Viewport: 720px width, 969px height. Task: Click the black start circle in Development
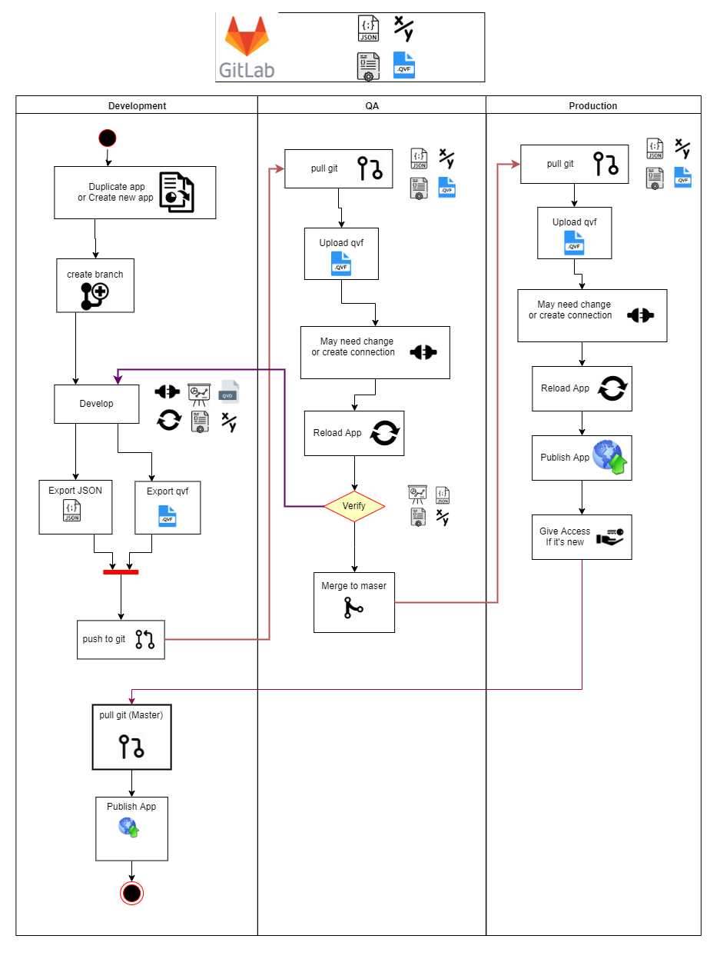107,138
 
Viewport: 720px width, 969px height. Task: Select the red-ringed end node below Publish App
131,893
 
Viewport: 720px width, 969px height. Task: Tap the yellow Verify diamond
353,506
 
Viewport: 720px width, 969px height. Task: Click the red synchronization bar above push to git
121,571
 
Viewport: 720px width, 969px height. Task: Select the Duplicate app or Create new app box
134,192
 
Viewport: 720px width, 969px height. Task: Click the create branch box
95,285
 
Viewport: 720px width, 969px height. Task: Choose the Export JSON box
75,507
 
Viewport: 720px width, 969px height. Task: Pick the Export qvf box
168,507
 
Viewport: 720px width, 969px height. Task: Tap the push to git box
121,639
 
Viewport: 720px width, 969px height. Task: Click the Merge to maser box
353,602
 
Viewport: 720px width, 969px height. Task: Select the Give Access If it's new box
581,537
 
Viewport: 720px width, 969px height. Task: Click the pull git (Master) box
131,737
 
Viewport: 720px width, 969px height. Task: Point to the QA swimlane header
371,105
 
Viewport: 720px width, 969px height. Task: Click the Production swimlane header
592,105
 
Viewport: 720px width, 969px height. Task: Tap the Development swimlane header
137,105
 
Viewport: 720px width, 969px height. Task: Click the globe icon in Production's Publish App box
608,457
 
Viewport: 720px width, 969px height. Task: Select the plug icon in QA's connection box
423,352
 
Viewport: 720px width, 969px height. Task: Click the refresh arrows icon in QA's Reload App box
384,433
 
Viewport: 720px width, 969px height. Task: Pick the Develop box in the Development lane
96,404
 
